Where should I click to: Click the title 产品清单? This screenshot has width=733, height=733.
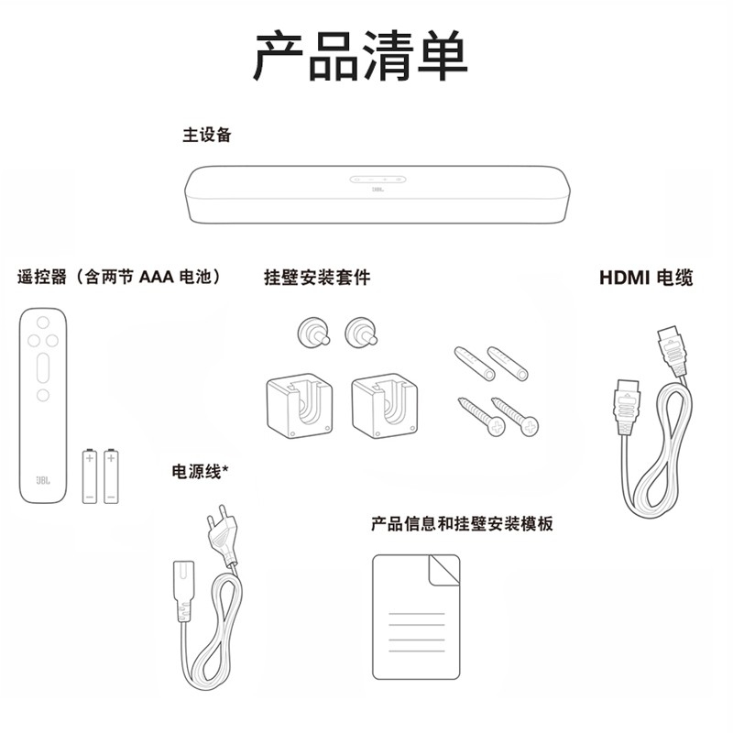coord(360,56)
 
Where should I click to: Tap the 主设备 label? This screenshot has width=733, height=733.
coord(207,135)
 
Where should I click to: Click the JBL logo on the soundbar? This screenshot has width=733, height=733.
coord(377,190)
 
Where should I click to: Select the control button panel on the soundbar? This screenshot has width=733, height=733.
coord(377,179)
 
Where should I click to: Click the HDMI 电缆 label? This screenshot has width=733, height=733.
coord(646,278)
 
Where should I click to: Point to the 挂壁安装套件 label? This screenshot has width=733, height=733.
coord(317,278)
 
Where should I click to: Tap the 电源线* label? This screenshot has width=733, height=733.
coord(200,471)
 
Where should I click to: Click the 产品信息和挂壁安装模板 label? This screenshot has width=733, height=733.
coord(462,523)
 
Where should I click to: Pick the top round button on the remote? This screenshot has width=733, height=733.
coord(43,323)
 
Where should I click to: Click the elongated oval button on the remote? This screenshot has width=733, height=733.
coord(43,368)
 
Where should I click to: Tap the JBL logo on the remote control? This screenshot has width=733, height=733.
coord(43,480)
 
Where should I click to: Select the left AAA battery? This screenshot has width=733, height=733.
coord(90,476)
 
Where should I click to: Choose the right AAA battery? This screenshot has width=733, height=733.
coord(111,476)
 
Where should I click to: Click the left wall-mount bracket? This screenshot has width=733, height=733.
coord(300,405)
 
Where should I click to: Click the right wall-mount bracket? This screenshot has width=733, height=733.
coord(385,405)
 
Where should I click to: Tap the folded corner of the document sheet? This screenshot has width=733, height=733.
coord(444,569)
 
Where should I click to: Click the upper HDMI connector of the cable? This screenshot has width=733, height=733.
coord(673,351)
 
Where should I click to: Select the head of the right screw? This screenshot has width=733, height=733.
coord(530,427)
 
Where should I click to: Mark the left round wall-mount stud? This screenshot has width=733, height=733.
coord(313,333)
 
